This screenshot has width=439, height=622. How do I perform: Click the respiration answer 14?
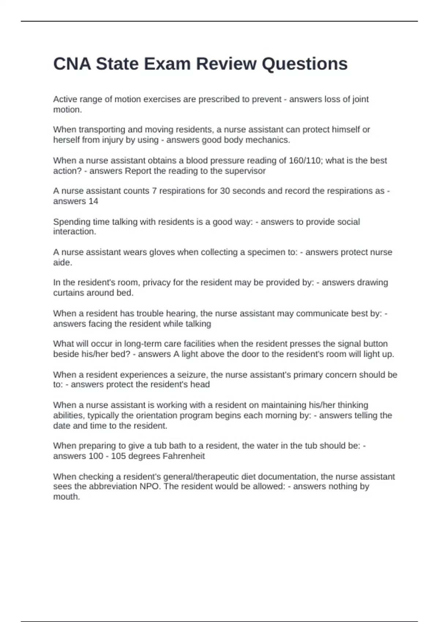tap(93, 201)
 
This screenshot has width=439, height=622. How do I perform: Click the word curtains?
tap(70, 293)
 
